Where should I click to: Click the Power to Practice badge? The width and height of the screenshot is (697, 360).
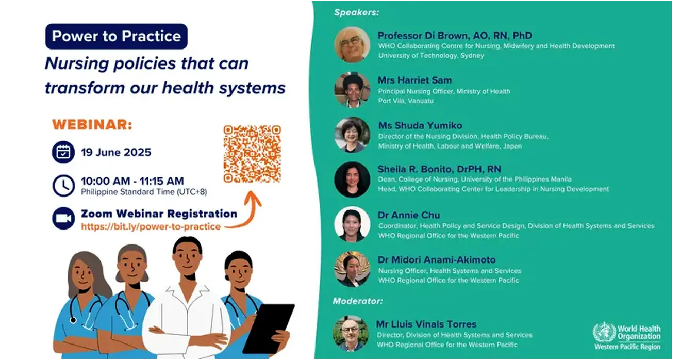coord(117,36)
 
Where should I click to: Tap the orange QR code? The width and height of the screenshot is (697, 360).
coord(252,154)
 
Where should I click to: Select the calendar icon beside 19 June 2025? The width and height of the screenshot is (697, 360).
coord(63,152)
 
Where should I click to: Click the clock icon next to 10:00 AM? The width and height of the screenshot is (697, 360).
coord(63,186)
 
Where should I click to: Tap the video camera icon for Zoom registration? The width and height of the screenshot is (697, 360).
coord(63,218)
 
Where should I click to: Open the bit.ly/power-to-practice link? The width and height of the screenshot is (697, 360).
coord(151,226)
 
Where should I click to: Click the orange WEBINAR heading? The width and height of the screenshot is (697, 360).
coord(92,125)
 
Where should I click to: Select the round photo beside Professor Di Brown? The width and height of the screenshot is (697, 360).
coord(352,44)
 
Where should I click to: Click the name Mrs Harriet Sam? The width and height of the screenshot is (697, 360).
coord(414,80)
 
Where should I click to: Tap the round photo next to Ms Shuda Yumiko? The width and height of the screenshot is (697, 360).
coord(352,135)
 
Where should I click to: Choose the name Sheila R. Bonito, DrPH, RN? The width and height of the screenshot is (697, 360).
coord(439,169)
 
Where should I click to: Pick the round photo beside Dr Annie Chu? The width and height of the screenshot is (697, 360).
coord(352,224)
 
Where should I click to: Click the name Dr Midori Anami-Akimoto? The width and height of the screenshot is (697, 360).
coord(437,260)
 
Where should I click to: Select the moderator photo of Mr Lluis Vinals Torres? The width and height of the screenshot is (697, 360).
coord(351,334)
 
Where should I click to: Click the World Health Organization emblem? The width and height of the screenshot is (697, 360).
coord(604,333)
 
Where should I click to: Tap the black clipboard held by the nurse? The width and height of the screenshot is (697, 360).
coord(269,329)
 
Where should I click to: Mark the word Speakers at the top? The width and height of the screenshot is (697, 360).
coord(356,12)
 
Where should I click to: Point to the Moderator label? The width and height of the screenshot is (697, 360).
coord(358,301)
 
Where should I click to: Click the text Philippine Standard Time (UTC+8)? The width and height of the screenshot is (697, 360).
coord(144,192)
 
